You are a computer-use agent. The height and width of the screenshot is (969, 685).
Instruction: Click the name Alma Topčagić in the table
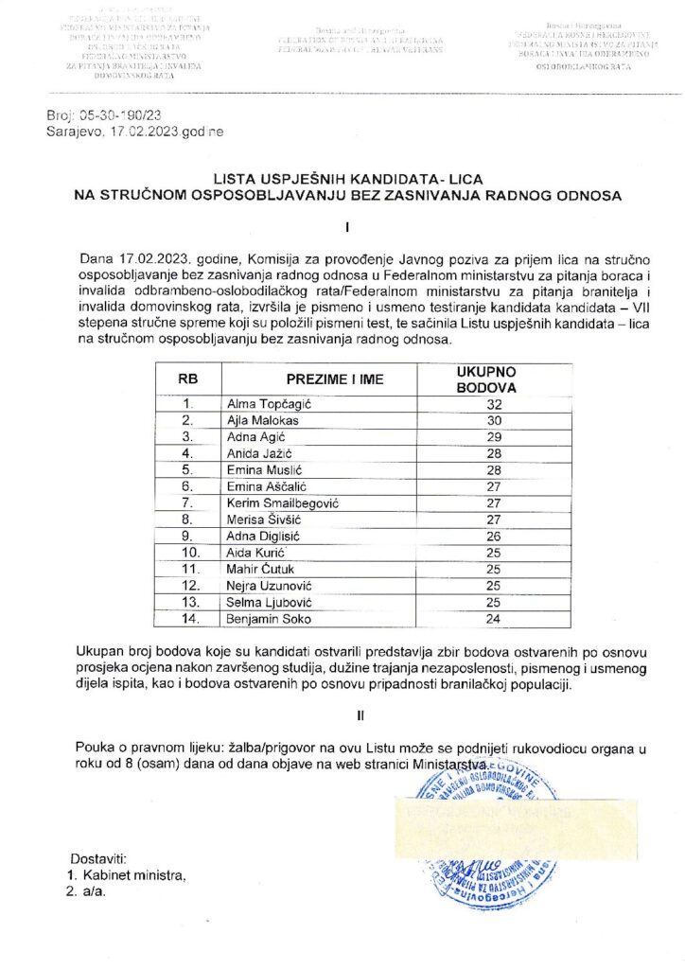point(262,404)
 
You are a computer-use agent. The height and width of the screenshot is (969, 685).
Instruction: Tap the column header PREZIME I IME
point(322,379)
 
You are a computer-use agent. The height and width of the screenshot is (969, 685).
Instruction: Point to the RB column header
point(187,379)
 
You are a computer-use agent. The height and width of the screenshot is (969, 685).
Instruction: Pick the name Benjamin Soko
point(267,620)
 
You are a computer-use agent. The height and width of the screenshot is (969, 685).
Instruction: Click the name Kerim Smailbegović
point(283,503)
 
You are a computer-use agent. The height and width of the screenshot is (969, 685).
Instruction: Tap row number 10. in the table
point(187,553)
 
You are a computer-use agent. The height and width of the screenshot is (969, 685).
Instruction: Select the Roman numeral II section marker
point(348,716)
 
